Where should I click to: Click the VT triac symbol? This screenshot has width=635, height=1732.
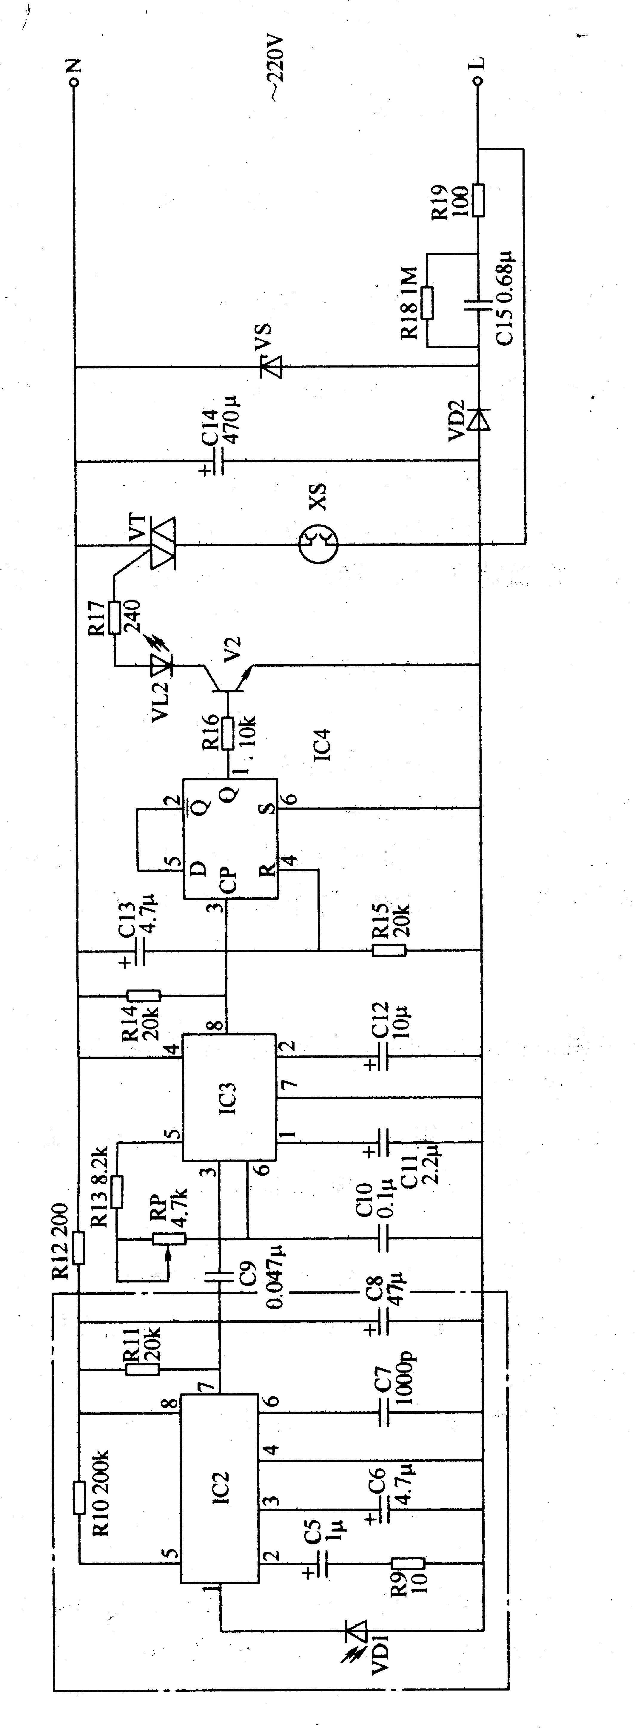(x=161, y=543)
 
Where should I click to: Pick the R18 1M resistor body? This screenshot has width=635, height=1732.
(x=428, y=302)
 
